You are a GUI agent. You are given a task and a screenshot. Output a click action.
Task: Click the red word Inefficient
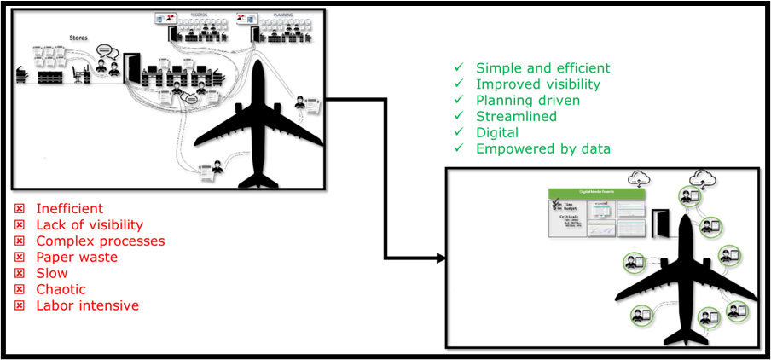(69, 209)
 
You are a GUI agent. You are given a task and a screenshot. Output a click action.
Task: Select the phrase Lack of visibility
(89, 225)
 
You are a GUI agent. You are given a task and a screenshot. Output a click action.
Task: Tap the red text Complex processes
(100, 241)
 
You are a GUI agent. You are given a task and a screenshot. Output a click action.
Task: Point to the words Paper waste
(77, 258)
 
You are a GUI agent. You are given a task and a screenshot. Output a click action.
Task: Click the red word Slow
(52, 274)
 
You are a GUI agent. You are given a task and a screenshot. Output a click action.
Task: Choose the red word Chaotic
(61, 290)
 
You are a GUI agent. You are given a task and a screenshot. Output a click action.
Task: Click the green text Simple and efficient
(542, 68)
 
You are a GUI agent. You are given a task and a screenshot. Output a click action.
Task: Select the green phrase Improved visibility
(538, 84)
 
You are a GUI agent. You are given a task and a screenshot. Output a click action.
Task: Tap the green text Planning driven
(528, 101)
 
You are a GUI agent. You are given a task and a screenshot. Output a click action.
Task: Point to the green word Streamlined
(517, 117)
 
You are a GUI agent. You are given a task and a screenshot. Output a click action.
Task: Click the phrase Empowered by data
(543, 149)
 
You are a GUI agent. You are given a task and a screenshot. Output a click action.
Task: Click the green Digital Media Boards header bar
(596, 194)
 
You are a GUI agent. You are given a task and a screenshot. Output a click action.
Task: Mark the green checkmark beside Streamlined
(459, 117)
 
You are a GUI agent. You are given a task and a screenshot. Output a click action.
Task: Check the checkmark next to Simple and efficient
(459, 68)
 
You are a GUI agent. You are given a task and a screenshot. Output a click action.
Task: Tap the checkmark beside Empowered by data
(459, 149)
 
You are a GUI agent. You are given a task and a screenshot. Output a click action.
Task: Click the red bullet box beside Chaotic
(19, 290)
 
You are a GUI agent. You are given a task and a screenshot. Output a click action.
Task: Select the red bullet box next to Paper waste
(19, 258)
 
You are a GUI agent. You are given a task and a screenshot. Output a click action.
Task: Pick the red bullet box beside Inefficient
(19, 209)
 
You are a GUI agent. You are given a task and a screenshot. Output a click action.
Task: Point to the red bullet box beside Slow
(19, 274)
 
